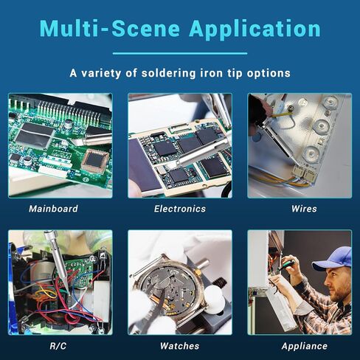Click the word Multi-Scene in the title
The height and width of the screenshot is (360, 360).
(x=110, y=29)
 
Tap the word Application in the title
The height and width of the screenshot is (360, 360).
(x=255, y=30)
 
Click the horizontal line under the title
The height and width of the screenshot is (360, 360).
(x=180, y=53)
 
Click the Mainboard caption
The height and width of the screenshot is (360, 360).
(x=53, y=209)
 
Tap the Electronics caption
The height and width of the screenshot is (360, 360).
(x=180, y=209)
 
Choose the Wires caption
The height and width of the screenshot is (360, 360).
(x=304, y=209)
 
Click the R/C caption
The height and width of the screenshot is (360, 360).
(x=58, y=346)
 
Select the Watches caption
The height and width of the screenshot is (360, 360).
(x=179, y=346)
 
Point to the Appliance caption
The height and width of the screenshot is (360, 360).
(x=305, y=346)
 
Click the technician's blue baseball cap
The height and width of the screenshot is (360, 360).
(x=332, y=258)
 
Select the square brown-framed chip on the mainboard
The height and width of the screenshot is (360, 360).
(x=95, y=160)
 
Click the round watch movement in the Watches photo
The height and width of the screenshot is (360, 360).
(x=170, y=289)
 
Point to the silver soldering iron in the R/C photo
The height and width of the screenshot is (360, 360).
(x=57, y=260)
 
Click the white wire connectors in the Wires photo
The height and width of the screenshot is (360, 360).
(x=304, y=173)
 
